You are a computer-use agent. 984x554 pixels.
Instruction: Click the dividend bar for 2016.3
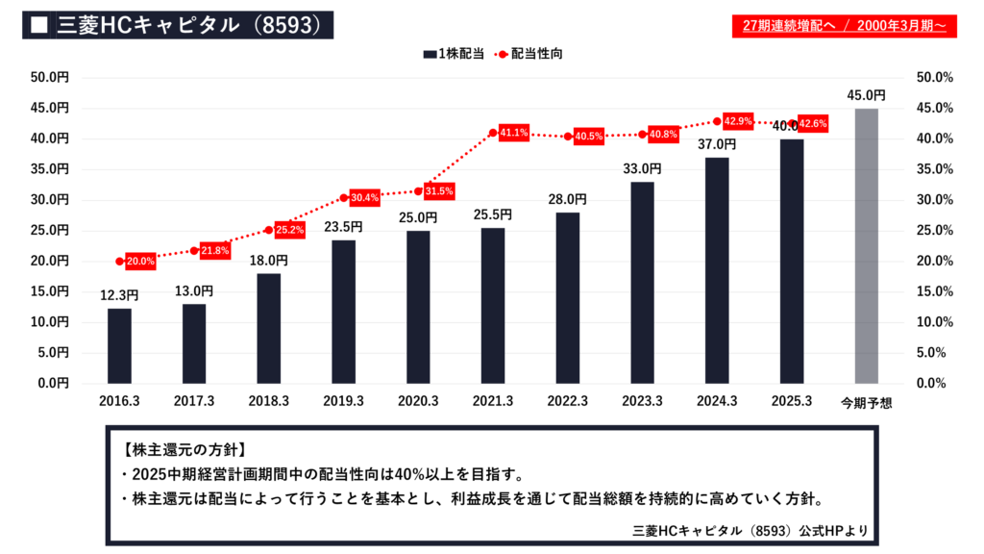click(119, 345)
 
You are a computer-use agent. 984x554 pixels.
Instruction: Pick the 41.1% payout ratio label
click(514, 133)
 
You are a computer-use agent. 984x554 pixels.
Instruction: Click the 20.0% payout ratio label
click(140, 261)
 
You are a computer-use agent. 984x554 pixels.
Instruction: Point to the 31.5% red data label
click(439, 190)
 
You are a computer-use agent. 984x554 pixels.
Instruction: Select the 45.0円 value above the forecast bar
click(867, 96)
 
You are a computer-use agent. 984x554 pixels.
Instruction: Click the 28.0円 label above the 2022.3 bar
click(568, 199)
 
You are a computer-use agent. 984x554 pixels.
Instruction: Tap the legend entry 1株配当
click(453, 54)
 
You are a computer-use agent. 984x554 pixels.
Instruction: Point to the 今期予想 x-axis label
click(866, 402)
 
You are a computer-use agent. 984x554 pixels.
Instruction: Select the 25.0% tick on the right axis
click(934, 231)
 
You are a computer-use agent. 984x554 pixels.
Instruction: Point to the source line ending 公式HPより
click(750, 530)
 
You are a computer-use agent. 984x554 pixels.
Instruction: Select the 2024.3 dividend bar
click(717, 270)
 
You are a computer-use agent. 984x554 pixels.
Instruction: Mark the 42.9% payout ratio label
click(737, 121)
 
